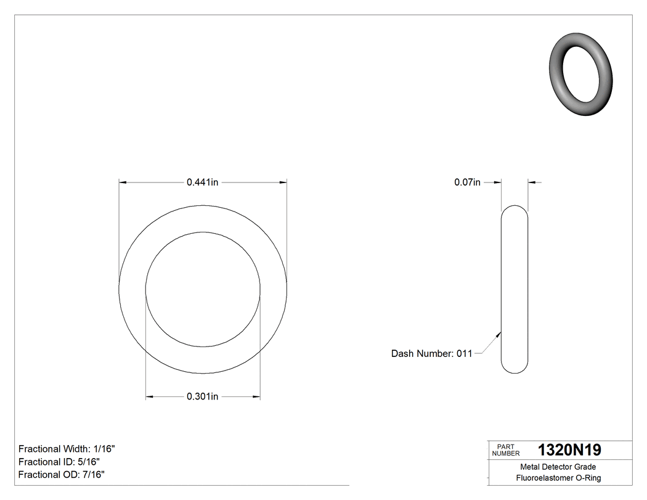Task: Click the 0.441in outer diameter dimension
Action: tap(203, 182)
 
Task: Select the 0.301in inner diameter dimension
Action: tap(203, 396)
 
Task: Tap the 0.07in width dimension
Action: tap(467, 182)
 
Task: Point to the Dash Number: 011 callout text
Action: tap(431, 353)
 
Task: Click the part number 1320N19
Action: tap(569, 450)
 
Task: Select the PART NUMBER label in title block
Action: tap(506, 450)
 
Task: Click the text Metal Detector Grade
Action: tap(558, 467)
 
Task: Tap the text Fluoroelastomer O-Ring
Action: tap(558, 478)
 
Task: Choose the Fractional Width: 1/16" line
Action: tap(67, 449)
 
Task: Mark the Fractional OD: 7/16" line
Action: tap(61, 474)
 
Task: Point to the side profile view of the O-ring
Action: tap(515, 290)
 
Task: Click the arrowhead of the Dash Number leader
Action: tap(498, 334)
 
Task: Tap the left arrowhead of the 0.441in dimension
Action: tap(123, 182)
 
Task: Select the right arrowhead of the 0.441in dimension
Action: tap(283, 182)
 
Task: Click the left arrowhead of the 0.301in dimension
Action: tap(149, 396)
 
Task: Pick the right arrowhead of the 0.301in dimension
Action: tap(256, 396)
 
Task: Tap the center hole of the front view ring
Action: tap(203, 289)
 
